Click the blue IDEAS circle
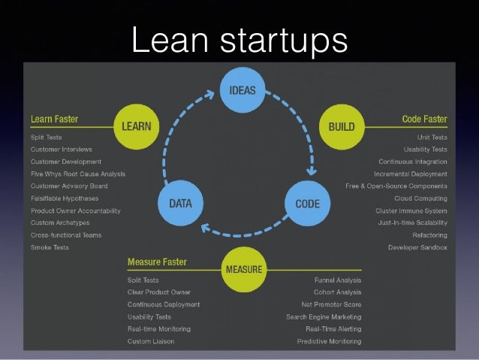[242, 90]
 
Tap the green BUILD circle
[342, 126]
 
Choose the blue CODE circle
[307, 203]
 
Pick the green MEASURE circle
[243, 268]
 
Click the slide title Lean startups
[239, 40]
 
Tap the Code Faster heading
[424, 119]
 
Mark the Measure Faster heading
[157, 262]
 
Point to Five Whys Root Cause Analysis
[78, 174]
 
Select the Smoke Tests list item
[50, 247]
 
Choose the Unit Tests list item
[432, 138]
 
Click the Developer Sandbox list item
[417, 247]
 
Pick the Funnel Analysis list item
[337, 280]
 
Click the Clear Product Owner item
[158, 292]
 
